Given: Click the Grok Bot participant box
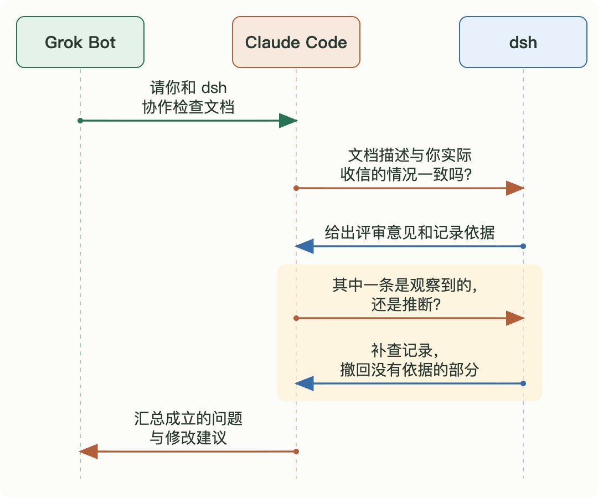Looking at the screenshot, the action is [x=80, y=42].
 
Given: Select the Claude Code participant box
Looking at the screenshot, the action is [x=296, y=42].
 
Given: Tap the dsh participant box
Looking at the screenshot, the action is [x=523, y=42].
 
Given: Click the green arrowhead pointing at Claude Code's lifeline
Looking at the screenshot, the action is [x=288, y=121].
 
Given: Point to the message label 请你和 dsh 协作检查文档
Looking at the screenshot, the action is [x=188, y=97].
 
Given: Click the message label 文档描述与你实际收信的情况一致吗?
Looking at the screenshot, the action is [x=406, y=164].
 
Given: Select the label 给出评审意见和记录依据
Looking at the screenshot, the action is [x=410, y=232].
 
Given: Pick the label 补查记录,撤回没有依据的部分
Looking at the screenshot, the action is [x=409, y=360].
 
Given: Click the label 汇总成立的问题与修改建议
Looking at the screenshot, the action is [x=188, y=428].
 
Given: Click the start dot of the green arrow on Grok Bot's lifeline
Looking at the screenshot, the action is [x=80, y=121].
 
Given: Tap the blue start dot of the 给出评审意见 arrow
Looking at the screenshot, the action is [x=523, y=246].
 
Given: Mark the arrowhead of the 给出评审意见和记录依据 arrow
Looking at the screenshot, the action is [x=305, y=246].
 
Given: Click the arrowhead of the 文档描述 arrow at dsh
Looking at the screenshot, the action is [x=515, y=188].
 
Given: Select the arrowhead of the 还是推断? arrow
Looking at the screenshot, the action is [x=515, y=318].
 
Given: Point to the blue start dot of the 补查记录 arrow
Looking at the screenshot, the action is [x=523, y=383].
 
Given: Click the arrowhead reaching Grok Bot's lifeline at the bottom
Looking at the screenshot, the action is [x=89, y=452].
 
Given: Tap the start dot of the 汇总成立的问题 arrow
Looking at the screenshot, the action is [x=296, y=452].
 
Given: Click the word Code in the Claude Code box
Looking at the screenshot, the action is [x=327, y=42].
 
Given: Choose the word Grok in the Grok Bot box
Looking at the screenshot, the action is [x=62, y=42].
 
